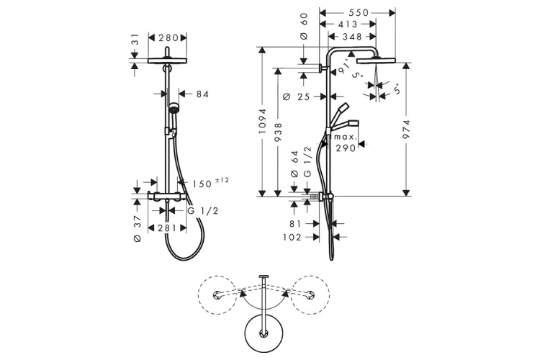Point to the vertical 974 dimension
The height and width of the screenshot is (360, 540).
point(408,127)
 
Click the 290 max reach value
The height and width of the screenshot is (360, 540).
point(346,148)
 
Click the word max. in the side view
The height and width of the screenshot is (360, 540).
point(345,136)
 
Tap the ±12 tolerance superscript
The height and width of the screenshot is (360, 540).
point(220,180)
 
